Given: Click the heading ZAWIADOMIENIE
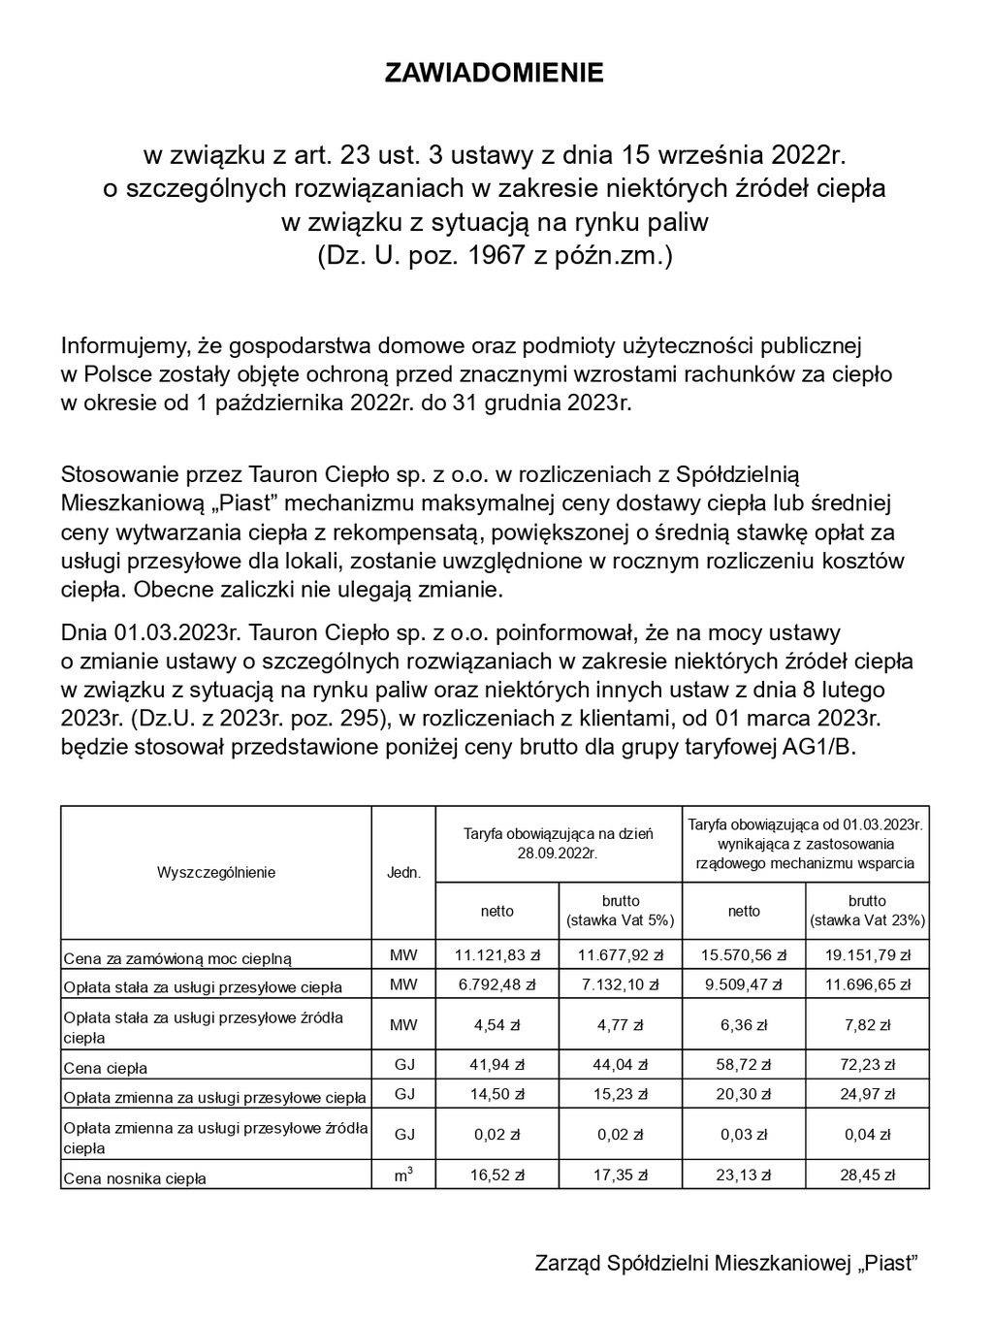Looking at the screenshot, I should [495, 74].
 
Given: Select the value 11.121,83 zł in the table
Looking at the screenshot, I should [497, 955].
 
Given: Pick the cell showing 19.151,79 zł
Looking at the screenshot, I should [867, 955].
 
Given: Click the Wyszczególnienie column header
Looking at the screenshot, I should [216, 872].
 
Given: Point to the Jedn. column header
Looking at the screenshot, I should [403, 872].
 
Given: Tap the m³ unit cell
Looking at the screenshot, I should [403, 1175].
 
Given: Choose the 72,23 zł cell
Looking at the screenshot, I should [867, 1065].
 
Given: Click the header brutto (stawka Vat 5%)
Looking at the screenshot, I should [621, 911].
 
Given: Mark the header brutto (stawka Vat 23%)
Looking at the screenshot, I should [867, 911].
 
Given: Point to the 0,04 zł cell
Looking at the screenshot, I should [867, 1135].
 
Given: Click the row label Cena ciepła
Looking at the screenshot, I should [106, 1068].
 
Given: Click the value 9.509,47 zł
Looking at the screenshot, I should [744, 985].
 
